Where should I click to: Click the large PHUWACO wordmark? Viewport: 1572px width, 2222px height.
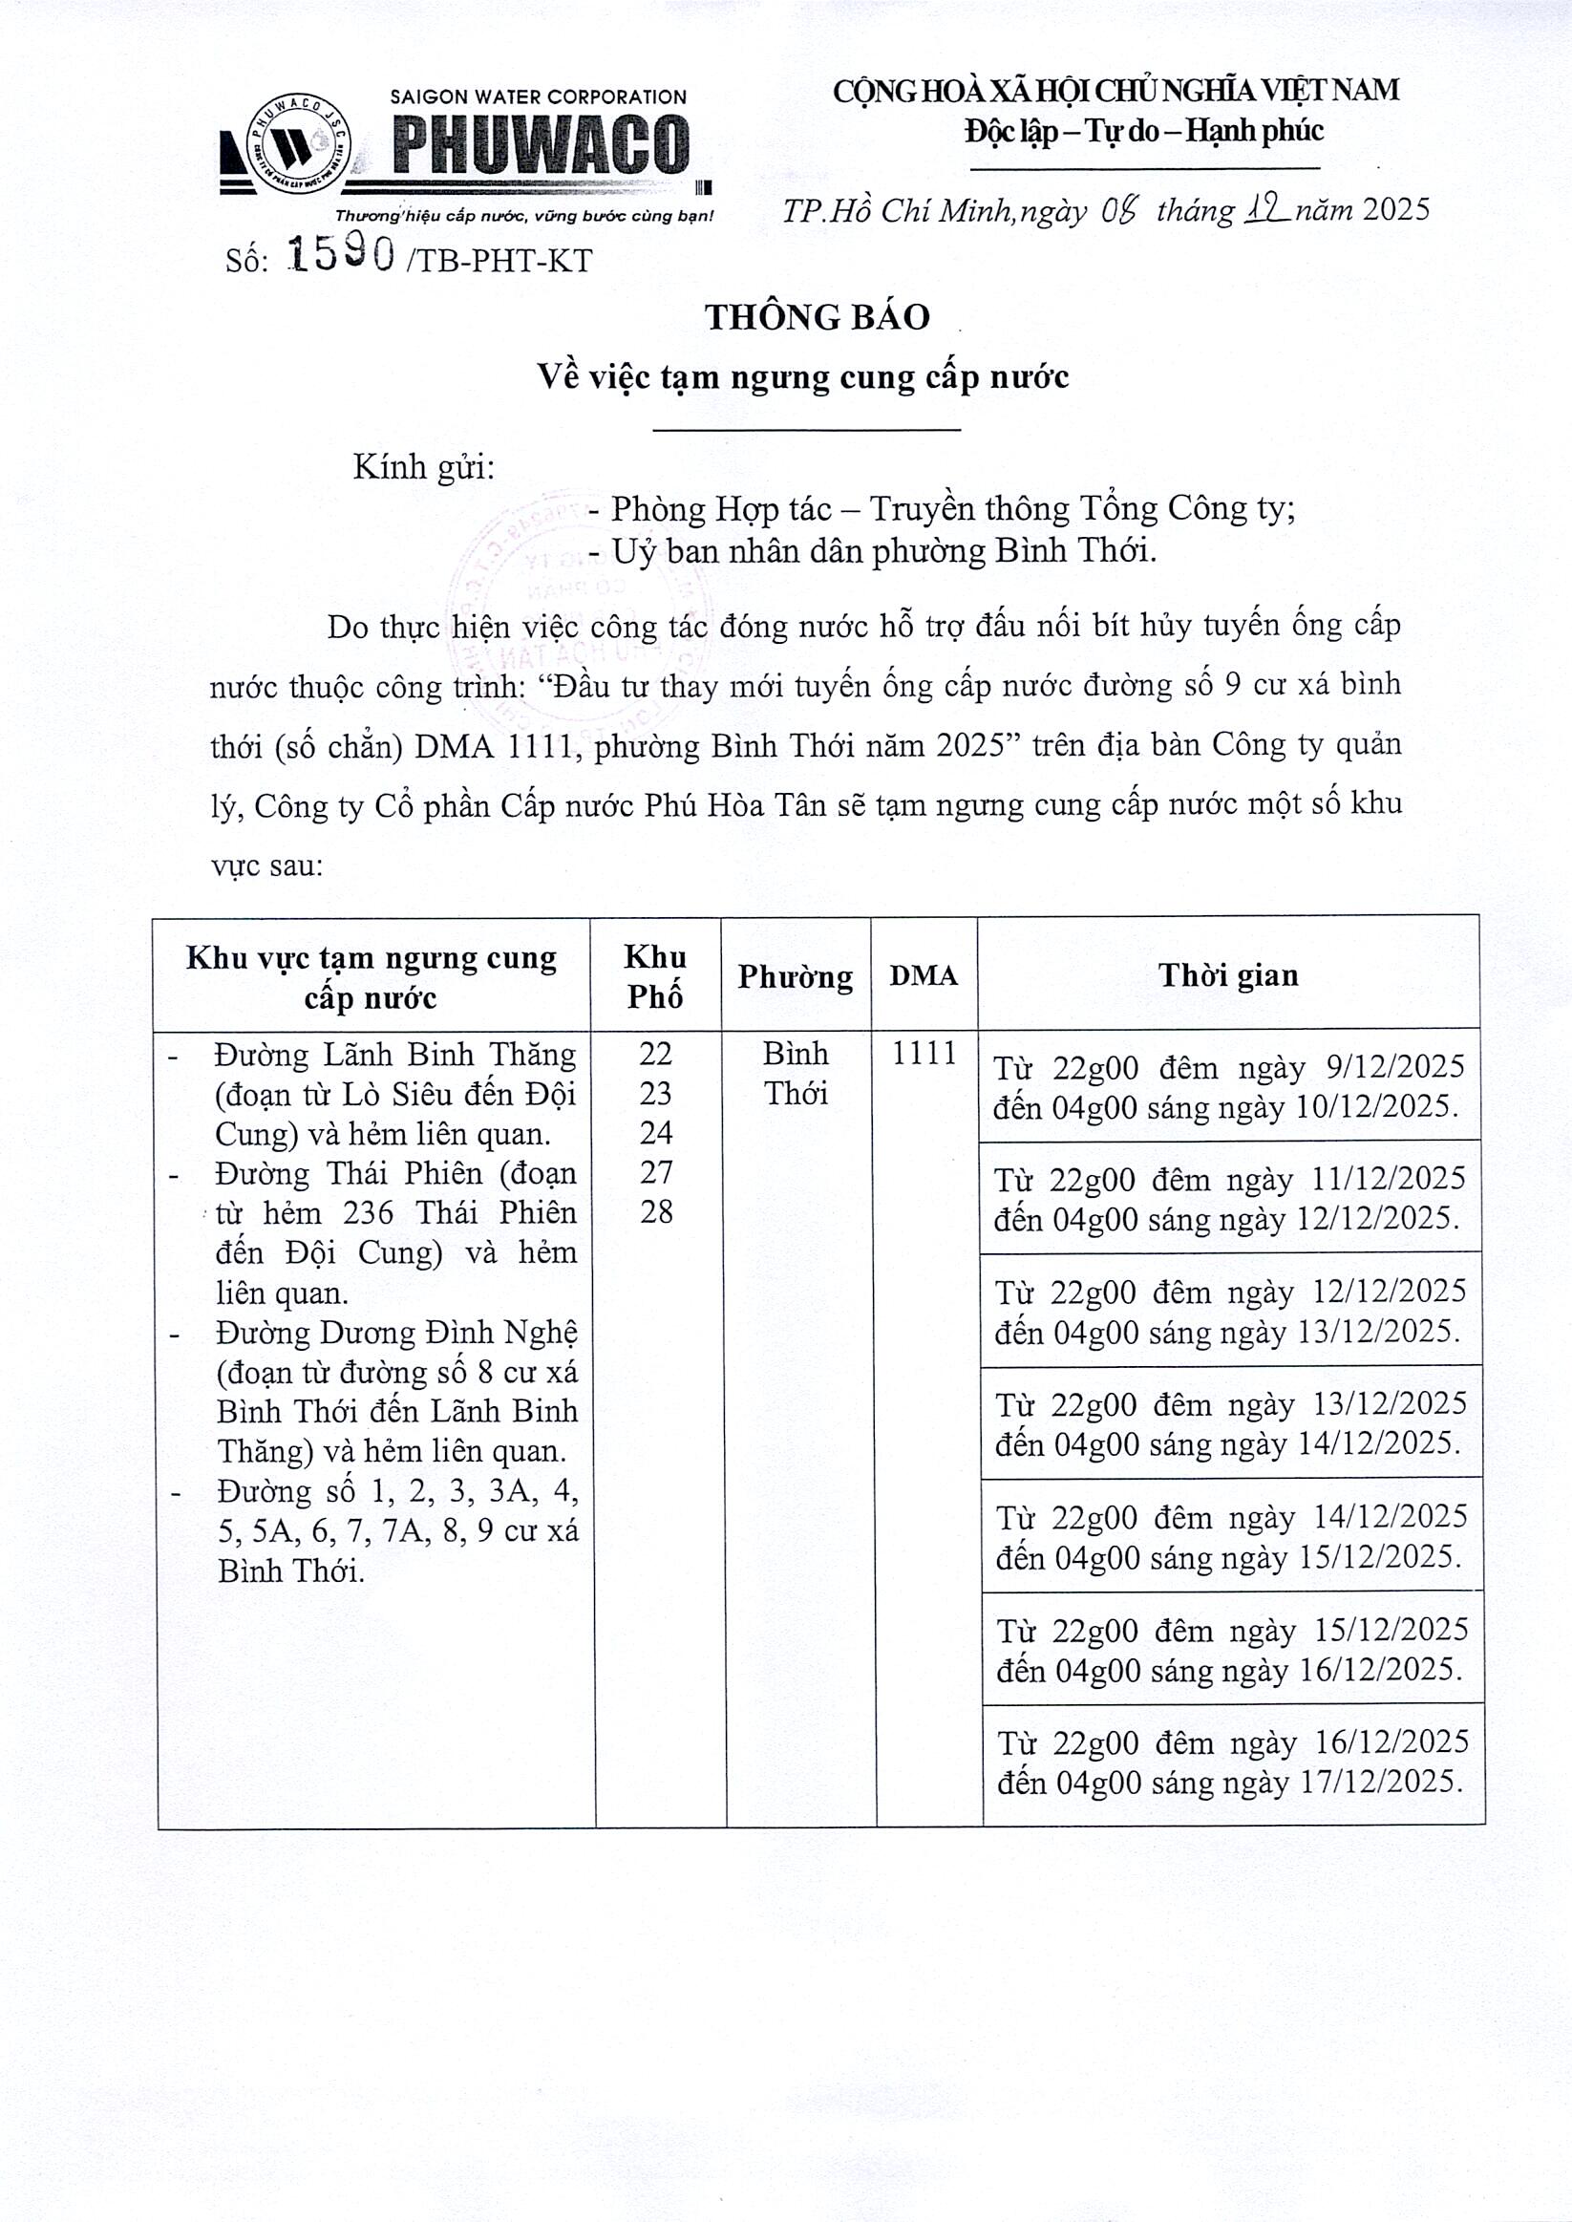tap(541, 146)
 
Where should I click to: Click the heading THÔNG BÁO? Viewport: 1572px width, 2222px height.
tap(817, 317)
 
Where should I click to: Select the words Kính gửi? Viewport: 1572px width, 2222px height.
tap(423, 468)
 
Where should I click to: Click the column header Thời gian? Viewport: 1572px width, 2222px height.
tap(1227, 975)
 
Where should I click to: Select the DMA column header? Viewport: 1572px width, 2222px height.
tap(924, 976)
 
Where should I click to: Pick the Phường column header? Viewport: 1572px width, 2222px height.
tap(795, 977)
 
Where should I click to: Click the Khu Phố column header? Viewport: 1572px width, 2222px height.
tap(655, 976)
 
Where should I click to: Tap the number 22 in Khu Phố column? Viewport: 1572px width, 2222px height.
tap(655, 1054)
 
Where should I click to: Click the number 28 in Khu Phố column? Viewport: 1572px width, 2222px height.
tap(656, 1212)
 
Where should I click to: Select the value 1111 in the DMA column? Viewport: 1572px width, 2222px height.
tap(924, 1054)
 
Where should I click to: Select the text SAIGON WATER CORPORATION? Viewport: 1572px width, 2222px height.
tap(539, 97)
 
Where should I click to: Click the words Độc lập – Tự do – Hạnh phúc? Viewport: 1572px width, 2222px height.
tap(1143, 131)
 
